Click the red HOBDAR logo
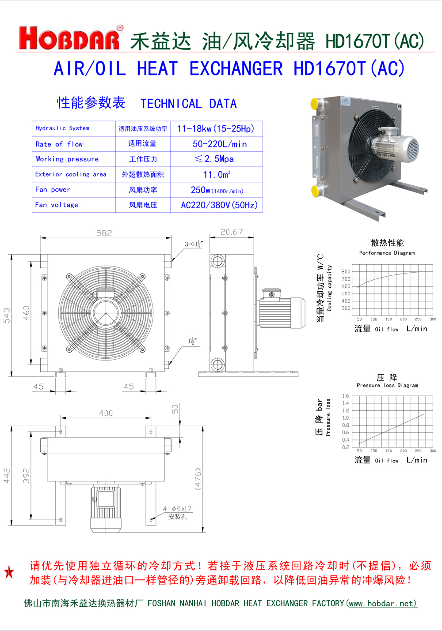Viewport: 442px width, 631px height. coord(70,38)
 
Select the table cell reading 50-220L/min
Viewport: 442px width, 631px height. coord(219,144)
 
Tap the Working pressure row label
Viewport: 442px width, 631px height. coord(67,159)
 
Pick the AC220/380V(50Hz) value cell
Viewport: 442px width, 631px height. coord(219,205)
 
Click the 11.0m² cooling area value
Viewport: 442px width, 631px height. coord(217,175)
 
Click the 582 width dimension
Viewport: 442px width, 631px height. coord(104,233)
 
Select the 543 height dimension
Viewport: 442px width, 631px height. coord(7,315)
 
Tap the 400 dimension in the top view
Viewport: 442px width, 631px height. coord(106,413)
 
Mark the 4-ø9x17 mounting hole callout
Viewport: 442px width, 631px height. coord(177,509)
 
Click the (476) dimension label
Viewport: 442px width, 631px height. coord(198,479)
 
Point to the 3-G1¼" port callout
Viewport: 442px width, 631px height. coord(194,244)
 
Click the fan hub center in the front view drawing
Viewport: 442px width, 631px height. coord(106,313)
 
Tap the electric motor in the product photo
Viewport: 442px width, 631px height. coord(395,147)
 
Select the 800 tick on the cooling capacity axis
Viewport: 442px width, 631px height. coord(346,271)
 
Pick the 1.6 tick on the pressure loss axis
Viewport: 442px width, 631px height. coord(345,396)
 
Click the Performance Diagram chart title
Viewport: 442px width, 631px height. coord(387,253)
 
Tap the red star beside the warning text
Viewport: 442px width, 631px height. coord(9,572)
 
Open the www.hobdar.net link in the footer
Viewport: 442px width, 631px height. coord(382,603)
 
